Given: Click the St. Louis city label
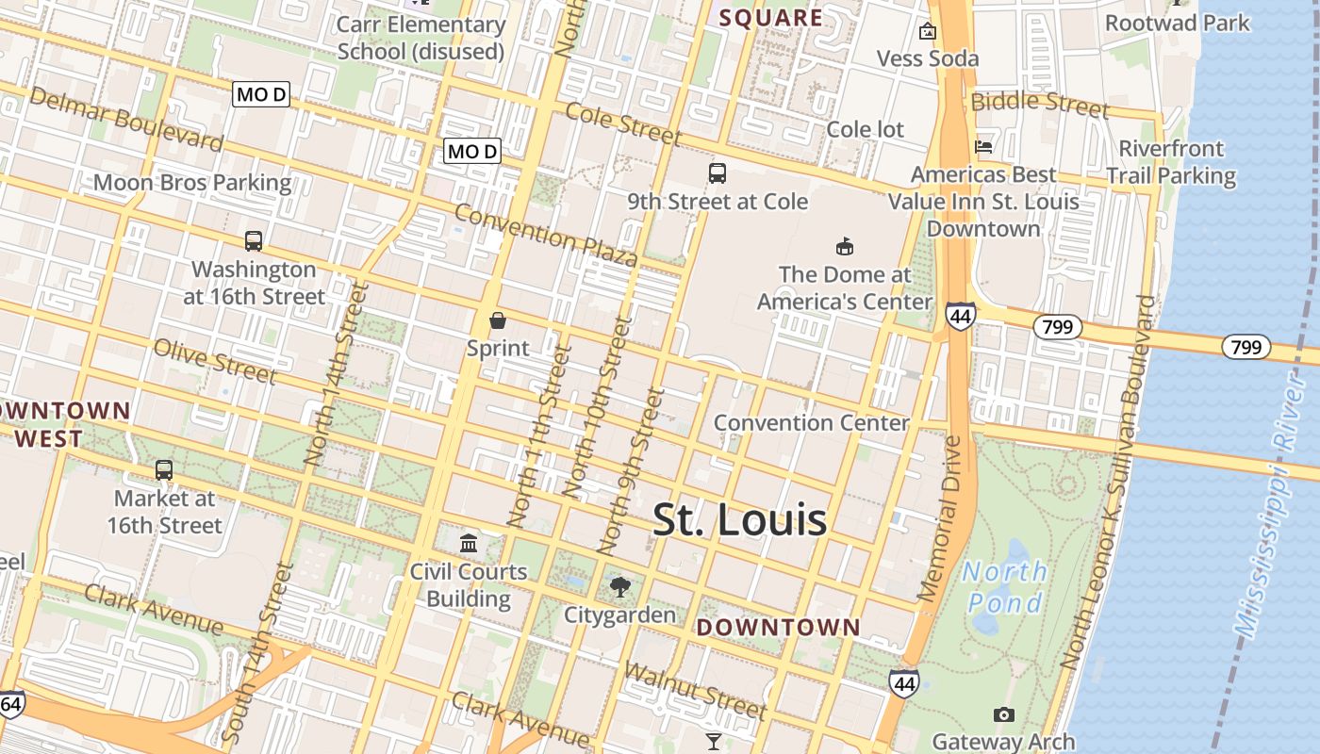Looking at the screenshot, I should pyautogui.click(x=740, y=520).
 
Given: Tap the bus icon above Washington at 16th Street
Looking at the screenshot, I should pyautogui.click(x=253, y=240).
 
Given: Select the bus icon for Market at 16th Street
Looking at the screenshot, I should pyautogui.click(x=164, y=469).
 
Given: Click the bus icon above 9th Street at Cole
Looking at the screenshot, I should pyautogui.click(x=718, y=173).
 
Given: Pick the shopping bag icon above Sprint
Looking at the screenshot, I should pyautogui.click(x=498, y=320).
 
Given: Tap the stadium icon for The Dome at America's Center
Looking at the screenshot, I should pyautogui.click(x=845, y=247).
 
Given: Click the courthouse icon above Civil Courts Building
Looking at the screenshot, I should pyautogui.click(x=469, y=543).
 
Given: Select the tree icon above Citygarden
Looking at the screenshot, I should pyautogui.click(x=619, y=587).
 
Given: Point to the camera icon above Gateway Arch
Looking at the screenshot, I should pyautogui.click(x=1003, y=715).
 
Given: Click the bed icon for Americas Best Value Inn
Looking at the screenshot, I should pyautogui.click(x=983, y=146).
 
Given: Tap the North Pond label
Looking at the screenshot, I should pyautogui.click(x=1004, y=586).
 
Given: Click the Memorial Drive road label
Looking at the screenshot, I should pyautogui.click(x=945, y=517).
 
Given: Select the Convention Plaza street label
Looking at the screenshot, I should pyautogui.click(x=546, y=235).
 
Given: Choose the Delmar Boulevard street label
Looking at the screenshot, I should pyautogui.click(x=127, y=118).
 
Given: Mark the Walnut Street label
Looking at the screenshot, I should pyautogui.click(x=695, y=691).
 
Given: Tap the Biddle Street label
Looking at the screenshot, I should pyautogui.click(x=1040, y=104).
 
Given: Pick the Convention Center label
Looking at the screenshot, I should pyautogui.click(x=811, y=422).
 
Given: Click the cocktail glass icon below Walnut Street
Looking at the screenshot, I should pyautogui.click(x=714, y=742).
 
